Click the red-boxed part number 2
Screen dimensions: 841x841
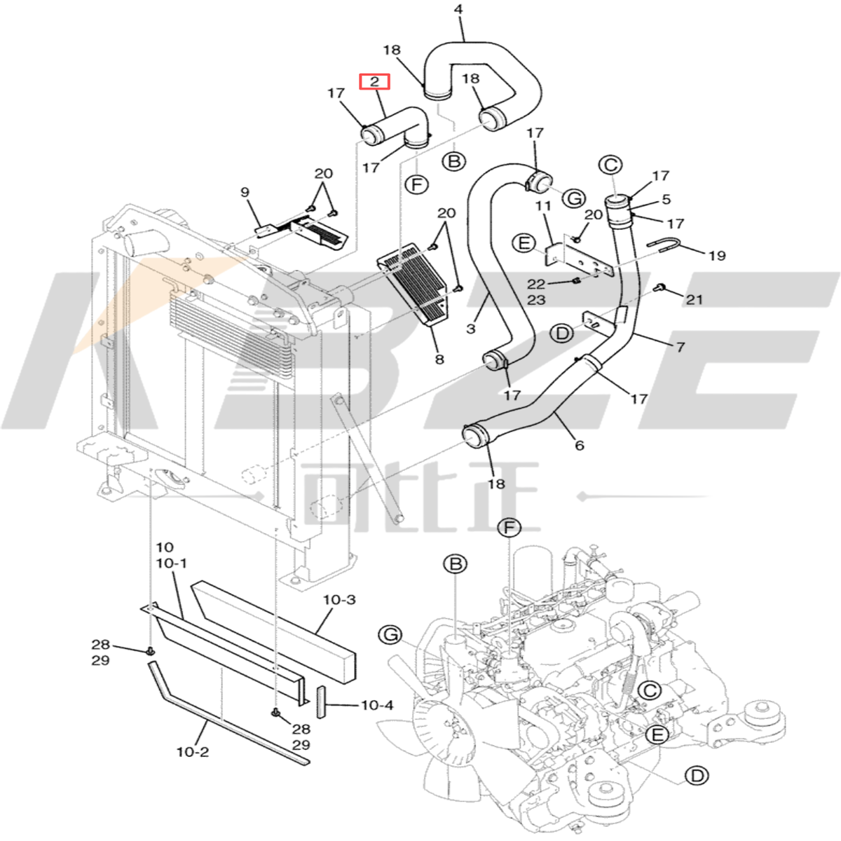374,82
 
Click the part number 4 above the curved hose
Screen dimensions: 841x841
458,10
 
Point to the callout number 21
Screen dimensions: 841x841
694,300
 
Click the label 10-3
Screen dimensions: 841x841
339,600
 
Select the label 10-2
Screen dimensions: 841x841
192,752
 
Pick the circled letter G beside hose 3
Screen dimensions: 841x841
574,198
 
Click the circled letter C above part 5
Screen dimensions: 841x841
610,165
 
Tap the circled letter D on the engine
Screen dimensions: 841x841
696,775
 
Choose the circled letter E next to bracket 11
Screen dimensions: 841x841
523,243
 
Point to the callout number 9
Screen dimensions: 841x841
245,192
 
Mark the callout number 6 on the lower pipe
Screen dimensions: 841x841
579,445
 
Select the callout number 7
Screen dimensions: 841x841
679,347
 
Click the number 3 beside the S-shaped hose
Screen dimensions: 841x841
470,328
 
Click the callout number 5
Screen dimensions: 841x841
666,200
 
